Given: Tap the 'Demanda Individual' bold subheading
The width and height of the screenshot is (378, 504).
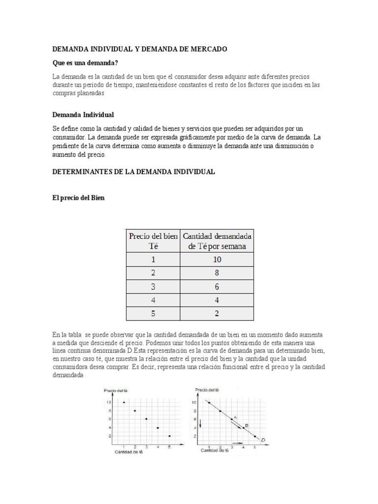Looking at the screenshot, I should [83, 115].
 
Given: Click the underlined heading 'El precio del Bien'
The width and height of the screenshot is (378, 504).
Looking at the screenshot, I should [78, 198].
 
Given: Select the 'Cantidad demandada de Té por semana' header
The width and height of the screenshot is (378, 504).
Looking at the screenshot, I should [218, 241].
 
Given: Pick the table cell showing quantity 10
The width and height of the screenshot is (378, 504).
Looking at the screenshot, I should [218, 259].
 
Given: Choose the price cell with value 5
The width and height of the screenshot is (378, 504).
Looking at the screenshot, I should [153, 314].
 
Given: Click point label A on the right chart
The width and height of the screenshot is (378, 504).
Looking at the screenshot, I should [235, 417].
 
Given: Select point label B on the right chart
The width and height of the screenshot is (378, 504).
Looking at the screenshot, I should [246, 425].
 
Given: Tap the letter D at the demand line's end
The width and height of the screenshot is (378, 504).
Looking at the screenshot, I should [263, 440].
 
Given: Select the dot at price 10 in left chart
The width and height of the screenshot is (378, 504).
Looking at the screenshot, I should [124, 402].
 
